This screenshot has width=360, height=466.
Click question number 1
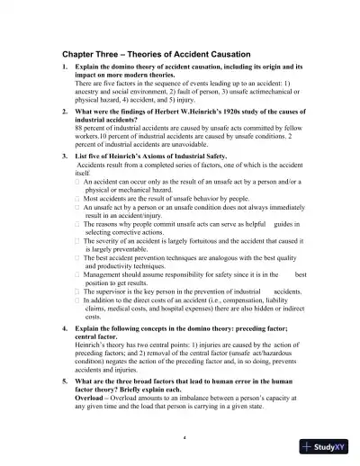[65, 68]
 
